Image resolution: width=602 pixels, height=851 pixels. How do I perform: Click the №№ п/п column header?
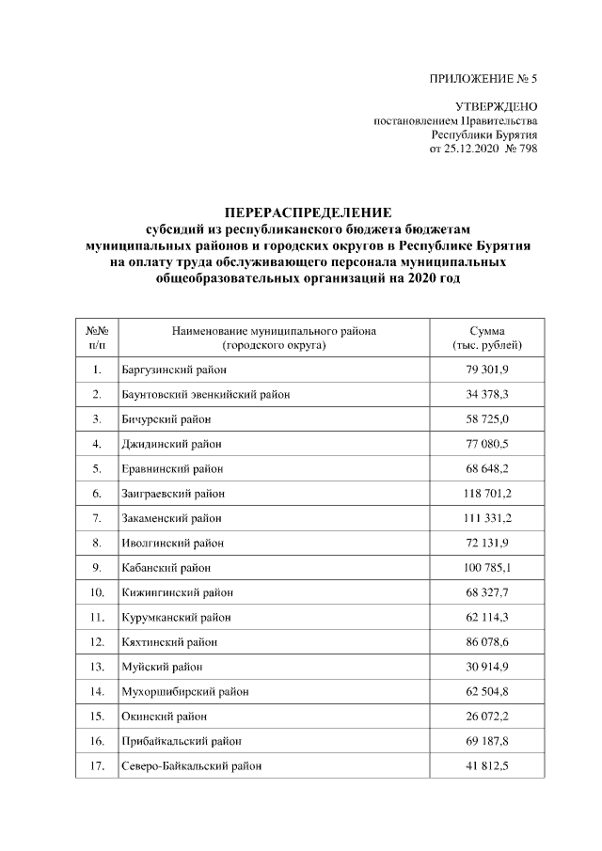[97, 339]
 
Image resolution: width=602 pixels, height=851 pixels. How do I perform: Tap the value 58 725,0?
[486, 418]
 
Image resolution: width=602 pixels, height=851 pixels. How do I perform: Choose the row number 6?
[97, 493]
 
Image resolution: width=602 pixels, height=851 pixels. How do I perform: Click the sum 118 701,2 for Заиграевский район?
[486, 493]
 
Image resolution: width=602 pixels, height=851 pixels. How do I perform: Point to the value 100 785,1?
[486, 568]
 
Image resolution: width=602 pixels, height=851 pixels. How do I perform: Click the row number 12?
[97, 642]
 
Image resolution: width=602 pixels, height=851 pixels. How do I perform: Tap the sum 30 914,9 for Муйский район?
[486, 667]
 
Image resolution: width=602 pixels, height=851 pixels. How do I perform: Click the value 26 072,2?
[486, 717]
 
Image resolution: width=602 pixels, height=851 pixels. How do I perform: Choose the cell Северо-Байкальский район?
[191, 766]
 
